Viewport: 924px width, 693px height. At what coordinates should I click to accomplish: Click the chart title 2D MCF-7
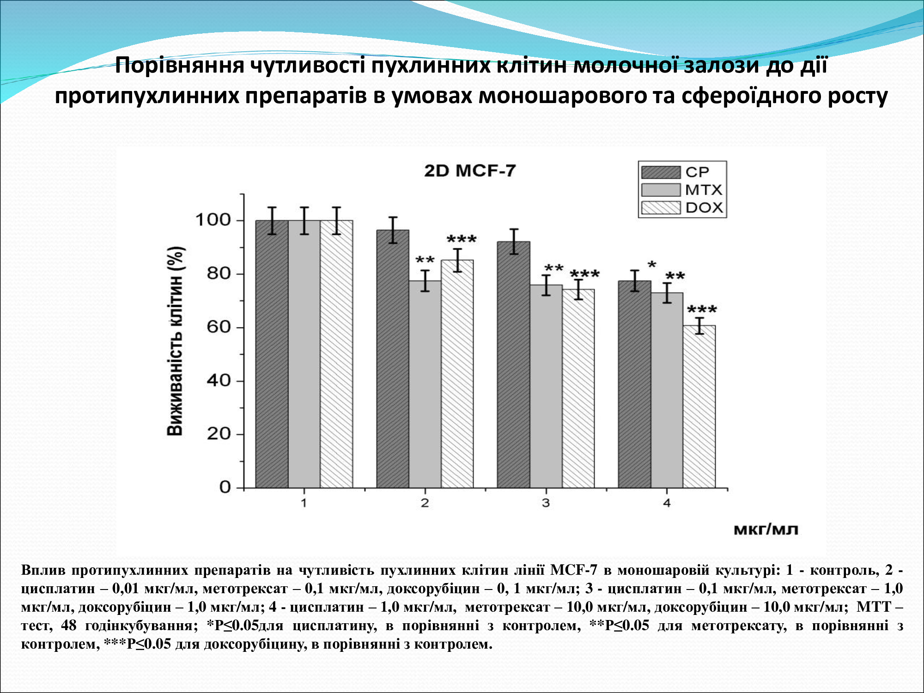pos(469,171)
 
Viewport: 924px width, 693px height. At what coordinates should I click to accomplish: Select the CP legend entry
pos(675,172)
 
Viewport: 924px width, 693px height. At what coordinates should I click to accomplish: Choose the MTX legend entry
pos(681,190)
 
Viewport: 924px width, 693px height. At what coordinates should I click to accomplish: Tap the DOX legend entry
pos(682,207)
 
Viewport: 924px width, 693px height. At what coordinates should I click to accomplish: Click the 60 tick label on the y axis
pos(219,327)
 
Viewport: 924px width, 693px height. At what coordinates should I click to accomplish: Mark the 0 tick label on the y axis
pos(225,487)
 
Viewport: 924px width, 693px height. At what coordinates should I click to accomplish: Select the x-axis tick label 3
pos(546,503)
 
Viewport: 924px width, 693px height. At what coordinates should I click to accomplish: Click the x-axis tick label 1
pos(304,503)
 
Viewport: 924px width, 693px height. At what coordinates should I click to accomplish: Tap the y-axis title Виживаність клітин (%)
pos(176,341)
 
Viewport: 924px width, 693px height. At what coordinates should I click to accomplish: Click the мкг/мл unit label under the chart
pos(766,529)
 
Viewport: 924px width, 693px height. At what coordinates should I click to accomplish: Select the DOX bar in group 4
pos(699,407)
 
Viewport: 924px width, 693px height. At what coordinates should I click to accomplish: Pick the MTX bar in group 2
pos(425,384)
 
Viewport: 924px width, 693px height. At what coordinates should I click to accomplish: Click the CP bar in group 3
pos(513,365)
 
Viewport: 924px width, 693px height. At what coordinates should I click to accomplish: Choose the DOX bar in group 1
pos(336,354)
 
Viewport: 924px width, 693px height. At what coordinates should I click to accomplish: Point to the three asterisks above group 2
pos(462,240)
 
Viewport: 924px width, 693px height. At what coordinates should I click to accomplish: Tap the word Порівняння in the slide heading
pos(180,65)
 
